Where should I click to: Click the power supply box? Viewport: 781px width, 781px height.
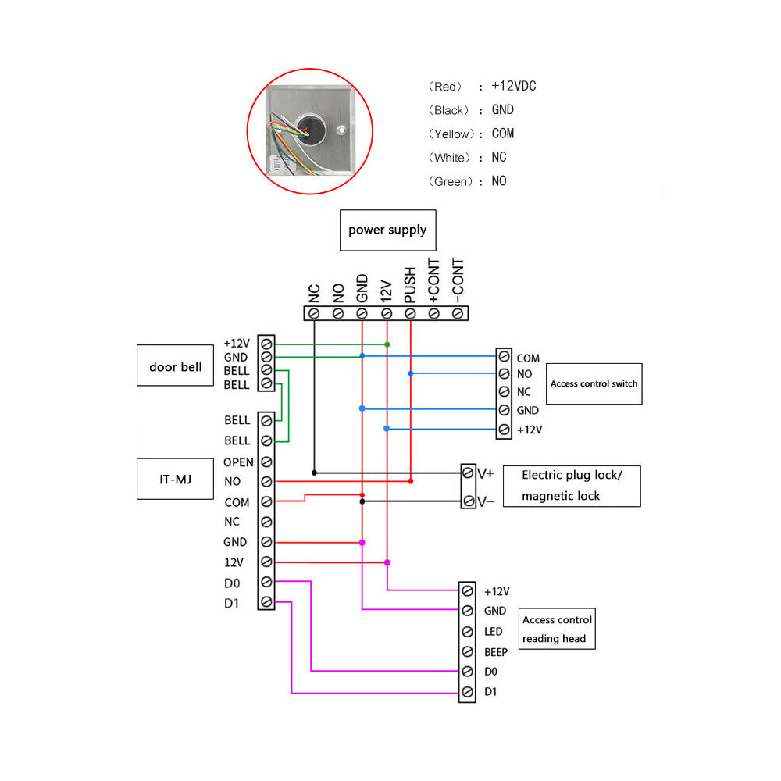pos(387,230)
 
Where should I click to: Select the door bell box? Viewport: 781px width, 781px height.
pos(175,366)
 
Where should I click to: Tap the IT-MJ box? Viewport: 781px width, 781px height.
pos(175,479)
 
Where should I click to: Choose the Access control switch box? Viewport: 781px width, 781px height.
pos(594,383)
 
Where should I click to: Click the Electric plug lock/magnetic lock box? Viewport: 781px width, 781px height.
pos(571,486)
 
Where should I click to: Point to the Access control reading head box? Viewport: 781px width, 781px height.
pos(557,629)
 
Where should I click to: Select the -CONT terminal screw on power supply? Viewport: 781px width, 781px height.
pos(458,313)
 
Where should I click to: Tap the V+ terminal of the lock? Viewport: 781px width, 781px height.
pos(469,473)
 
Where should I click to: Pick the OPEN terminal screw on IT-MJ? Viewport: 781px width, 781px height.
pos(266,462)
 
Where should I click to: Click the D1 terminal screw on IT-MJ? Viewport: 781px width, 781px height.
pos(266,602)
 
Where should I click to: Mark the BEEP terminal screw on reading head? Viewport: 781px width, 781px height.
pos(468,651)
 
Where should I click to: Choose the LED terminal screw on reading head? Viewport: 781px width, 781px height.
pos(468,631)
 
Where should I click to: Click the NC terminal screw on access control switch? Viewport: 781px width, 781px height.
pos(505,392)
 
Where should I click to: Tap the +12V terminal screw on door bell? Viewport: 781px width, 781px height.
pos(266,343)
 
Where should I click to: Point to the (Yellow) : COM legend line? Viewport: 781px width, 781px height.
pos(471,134)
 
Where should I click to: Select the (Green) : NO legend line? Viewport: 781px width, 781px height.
pos(467,181)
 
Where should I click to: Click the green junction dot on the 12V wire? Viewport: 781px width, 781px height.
pos(387,344)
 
